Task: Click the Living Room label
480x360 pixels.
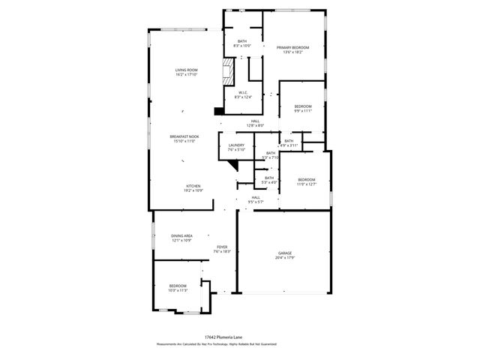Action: tap(185, 72)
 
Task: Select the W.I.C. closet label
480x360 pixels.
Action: tap(243, 94)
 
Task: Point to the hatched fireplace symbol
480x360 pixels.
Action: tap(228, 72)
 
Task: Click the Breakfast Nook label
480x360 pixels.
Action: tap(184, 138)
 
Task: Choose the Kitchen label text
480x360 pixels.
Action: tap(193, 187)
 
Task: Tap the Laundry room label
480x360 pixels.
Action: tap(237, 147)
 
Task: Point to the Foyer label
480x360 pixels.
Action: tap(222, 249)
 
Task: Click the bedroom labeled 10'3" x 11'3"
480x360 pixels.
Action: tap(177, 288)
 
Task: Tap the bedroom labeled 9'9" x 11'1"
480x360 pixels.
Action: tap(302, 109)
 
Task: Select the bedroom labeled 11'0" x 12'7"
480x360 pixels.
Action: tap(307, 181)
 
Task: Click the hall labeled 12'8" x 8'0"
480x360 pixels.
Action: tap(255, 123)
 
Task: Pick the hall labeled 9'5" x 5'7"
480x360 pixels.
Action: tap(256, 199)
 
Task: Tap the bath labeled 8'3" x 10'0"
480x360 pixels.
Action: tap(241, 43)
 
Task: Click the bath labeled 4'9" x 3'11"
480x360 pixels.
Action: tap(289, 142)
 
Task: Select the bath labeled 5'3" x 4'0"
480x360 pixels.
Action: tap(268, 180)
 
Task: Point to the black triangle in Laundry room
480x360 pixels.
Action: tap(233, 149)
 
